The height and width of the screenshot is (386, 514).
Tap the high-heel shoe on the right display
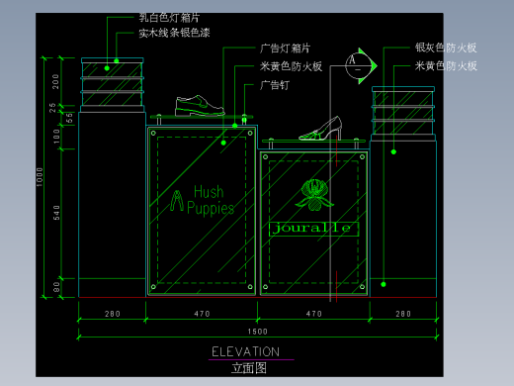click(320, 129)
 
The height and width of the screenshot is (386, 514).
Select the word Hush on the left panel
click(209, 192)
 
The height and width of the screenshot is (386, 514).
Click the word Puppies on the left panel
click(210, 209)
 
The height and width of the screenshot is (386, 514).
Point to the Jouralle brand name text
click(313, 229)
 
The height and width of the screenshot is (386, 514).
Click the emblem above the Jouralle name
click(314, 195)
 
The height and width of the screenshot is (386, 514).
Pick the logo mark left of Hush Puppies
click(176, 201)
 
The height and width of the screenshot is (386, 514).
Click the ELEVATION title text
click(246, 351)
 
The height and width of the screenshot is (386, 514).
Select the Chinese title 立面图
click(249, 367)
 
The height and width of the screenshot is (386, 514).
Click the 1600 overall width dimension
click(256, 330)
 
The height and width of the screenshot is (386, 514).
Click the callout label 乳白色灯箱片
click(170, 18)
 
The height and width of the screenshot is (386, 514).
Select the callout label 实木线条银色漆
click(176, 33)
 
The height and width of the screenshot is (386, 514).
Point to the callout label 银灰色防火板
click(446, 48)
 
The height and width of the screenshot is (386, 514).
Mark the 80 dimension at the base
click(56, 288)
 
